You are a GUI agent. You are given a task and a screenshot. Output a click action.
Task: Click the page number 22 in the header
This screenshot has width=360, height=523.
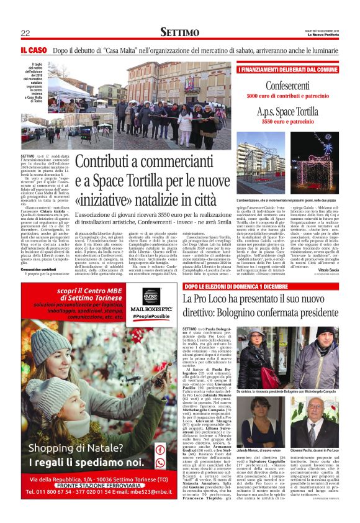(25, 32)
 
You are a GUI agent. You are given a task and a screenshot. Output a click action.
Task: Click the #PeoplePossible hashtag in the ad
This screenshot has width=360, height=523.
(147, 318)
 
